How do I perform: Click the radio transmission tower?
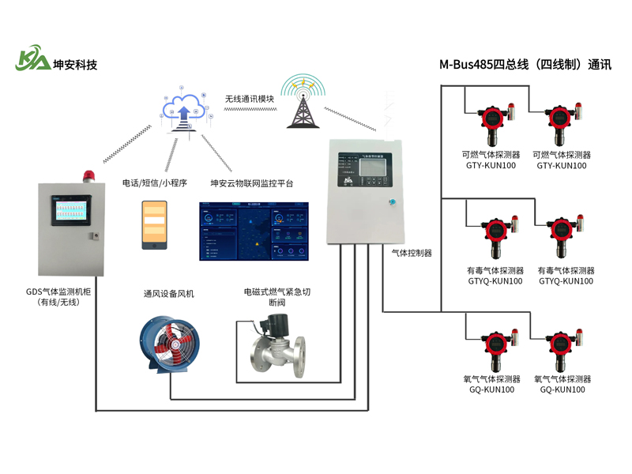tap(303, 103)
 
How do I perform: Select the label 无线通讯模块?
tap(250, 99)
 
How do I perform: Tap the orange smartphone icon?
tap(154, 225)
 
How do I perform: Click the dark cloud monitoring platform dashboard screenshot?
tap(254, 231)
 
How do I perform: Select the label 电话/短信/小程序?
tap(154, 183)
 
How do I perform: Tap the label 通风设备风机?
tap(168, 294)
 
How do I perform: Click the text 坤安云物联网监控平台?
tap(251, 183)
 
